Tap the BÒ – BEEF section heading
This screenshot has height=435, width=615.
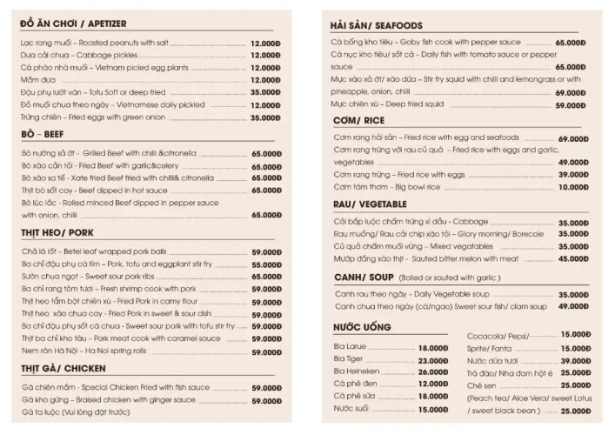pos(43,135)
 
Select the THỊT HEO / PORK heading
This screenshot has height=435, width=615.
pos(57,233)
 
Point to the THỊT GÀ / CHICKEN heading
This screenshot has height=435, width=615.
pos(63,368)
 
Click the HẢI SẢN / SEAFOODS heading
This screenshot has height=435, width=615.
pos(377,25)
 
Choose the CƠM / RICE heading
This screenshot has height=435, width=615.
pos(358,120)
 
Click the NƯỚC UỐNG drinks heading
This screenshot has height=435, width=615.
pos(362,326)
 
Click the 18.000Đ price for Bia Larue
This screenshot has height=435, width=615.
pos(432,347)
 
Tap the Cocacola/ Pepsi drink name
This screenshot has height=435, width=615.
pos(498,336)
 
